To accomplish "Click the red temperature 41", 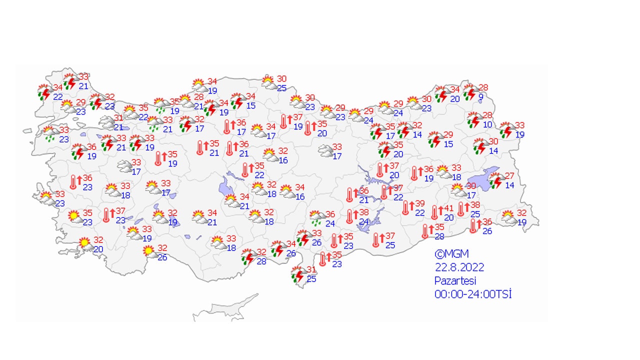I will pyautogui.click(x=449, y=208).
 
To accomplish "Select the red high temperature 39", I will pyautogui.click(x=420, y=204).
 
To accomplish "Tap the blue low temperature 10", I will pyautogui.click(x=487, y=124).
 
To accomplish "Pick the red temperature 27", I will pyautogui.click(x=509, y=176).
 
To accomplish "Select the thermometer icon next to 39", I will pyautogui.click(x=406, y=207).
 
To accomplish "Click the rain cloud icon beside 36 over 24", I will pyautogui.click(x=316, y=218).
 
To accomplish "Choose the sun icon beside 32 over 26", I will pyautogui.click(x=148, y=251).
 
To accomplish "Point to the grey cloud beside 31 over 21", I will pyautogui.click(x=106, y=121).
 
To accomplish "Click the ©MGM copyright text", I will pyautogui.click(x=451, y=254).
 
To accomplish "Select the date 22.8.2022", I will pyautogui.click(x=459, y=267).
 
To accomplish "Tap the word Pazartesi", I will pyautogui.click(x=455, y=280).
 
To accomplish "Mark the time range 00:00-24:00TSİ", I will pyautogui.click(x=473, y=294).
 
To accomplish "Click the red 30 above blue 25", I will pyautogui.click(x=282, y=79).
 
